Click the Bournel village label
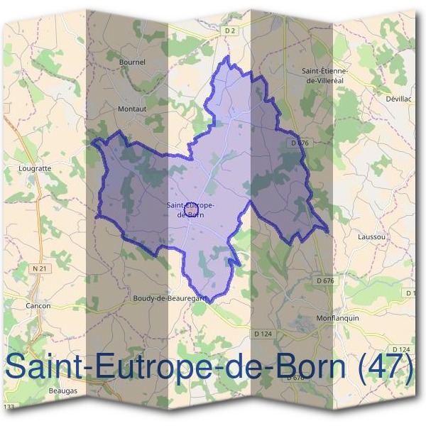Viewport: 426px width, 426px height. (x=133, y=62)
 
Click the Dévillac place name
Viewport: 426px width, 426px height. (x=398, y=99)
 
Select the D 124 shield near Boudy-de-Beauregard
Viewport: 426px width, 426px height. (x=262, y=332)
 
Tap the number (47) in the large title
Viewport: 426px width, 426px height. (x=386, y=366)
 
